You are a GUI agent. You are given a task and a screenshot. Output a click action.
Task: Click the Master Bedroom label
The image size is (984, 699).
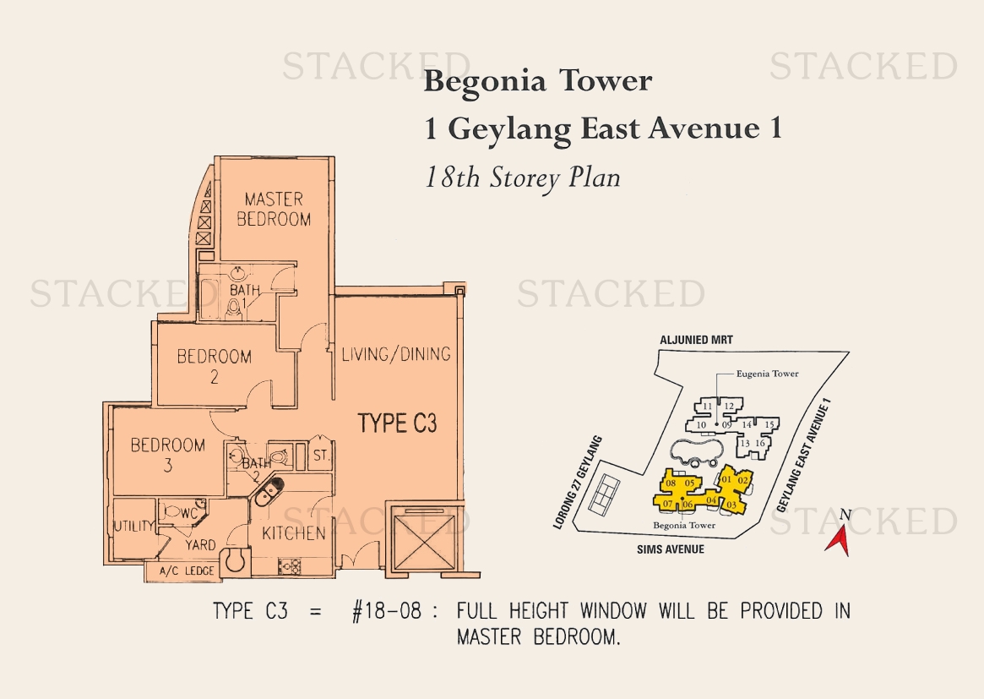[x=274, y=209]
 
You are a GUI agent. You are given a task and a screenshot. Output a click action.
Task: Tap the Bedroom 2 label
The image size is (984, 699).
[x=214, y=366]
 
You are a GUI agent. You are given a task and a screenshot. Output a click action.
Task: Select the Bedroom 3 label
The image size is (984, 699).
[x=167, y=455]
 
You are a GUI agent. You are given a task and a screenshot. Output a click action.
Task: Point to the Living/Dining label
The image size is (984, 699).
[x=396, y=354]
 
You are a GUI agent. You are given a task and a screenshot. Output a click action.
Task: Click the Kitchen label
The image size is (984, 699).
[x=294, y=534]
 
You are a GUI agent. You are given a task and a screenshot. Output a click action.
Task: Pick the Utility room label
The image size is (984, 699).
[x=133, y=526]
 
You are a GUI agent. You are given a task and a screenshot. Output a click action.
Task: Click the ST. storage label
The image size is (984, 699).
[x=321, y=456]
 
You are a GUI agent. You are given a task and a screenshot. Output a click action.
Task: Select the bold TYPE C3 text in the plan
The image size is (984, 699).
[x=397, y=423]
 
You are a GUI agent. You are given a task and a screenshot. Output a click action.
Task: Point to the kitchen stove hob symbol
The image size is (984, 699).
[x=291, y=566]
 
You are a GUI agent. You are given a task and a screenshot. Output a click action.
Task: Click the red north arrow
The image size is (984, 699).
[x=839, y=540]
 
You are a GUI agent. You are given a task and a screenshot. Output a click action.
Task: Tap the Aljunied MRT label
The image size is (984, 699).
[x=696, y=340]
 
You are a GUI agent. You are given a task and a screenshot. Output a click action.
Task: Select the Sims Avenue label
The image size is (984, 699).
[x=671, y=549]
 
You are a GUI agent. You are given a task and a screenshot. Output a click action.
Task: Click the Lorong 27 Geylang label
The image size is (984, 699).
[x=578, y=483]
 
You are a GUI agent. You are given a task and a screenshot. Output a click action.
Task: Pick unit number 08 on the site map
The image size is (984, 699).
[x=671, y=483]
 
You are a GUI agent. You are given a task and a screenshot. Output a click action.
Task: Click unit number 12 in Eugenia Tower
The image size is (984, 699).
[x=729, y=407]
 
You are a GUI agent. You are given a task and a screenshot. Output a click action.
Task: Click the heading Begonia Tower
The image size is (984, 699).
[x=538, y=82]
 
